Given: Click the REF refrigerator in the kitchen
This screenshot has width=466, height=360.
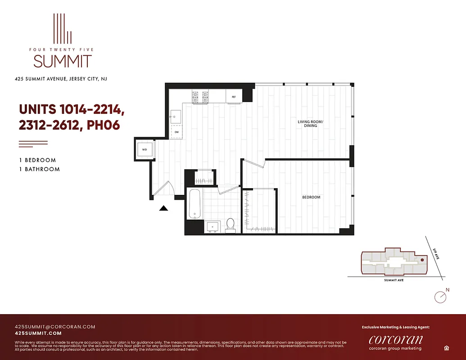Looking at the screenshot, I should point(234,97).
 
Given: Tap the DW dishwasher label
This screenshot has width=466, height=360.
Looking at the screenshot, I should point(176,132).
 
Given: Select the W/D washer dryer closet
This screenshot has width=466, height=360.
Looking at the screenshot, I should point(145,149).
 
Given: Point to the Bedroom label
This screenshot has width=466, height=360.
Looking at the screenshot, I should point(311,198).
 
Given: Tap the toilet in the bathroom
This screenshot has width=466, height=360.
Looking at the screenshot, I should point(231,225).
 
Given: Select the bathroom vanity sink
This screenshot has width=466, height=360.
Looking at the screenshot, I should point(212,226).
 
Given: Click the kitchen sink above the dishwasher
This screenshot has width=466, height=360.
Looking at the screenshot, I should point(176,116).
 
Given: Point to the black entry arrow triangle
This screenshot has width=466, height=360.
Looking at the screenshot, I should point(164,207).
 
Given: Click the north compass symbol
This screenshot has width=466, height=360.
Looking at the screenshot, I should point(440,297).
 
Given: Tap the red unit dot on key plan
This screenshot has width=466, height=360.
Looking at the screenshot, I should point(422,260).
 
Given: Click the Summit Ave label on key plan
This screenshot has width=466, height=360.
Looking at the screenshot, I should point(394,280).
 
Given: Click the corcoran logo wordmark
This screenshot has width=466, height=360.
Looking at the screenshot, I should point(395,339).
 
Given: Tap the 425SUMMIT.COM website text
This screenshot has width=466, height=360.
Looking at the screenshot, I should point(38,333).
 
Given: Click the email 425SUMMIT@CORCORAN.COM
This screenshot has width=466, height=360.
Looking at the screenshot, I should point(55,327).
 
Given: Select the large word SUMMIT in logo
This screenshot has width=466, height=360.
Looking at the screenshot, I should point(62,61).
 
